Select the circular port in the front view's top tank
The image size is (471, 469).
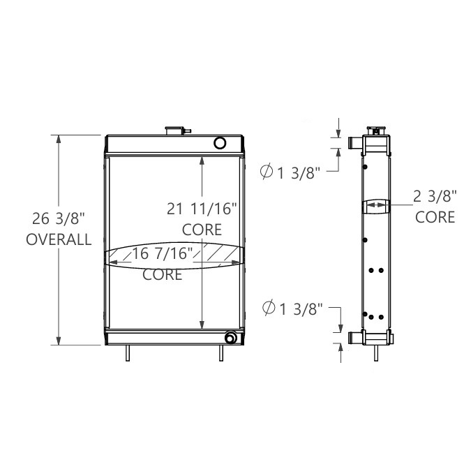(x=220, y=143)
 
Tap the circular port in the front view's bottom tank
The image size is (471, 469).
(x=230, y=338)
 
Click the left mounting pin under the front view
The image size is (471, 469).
(x=128, y=353)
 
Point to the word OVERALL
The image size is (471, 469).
(x=58, y=239)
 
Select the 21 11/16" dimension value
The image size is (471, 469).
(x=202, y=208)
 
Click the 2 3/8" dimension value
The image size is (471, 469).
(x=435, y=196)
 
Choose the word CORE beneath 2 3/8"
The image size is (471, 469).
(x=435, y=217)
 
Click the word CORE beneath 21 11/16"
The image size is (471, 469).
(x=202, y=229)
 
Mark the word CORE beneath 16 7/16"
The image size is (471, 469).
(x=163, y=274)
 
